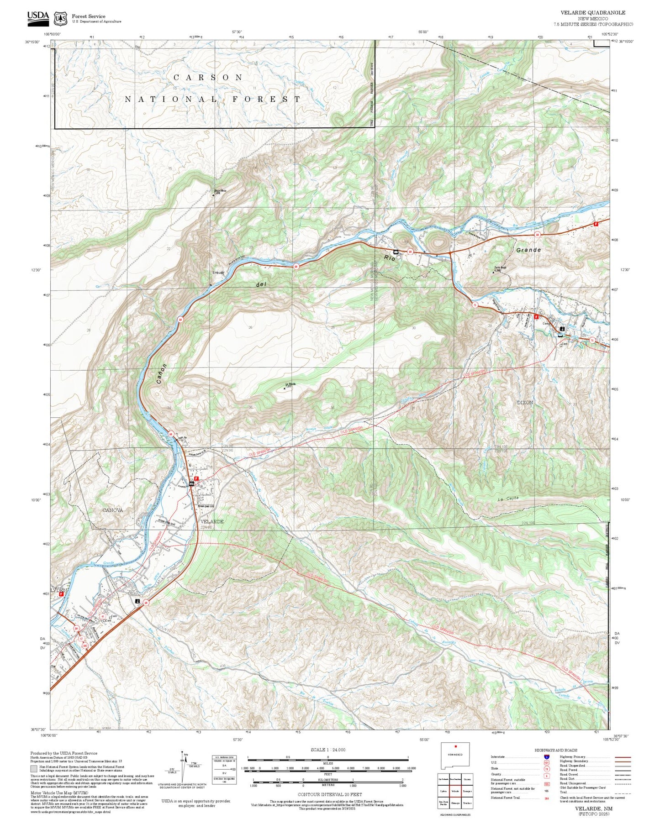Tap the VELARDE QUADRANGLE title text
pyautogui.click(x=593, y=12)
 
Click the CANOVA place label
pyautogui.click(x=112, y=510)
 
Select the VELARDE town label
pyautogui.click(x=212, y=521)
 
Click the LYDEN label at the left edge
pyautogui.click(x=58, y=590)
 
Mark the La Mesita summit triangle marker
pyautogui.click(x=285, y=388)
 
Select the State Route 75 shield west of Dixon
pyautogui.click(x=475, y=305)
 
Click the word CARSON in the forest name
pyautogui.click(x=208, y=78)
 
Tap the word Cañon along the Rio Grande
pyautogui.click(x=161, y=375)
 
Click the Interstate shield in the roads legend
pyautogui.click(x=546, y=756)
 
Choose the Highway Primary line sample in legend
pyautogui.click(x=623, y=757)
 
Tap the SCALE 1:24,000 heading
pyautogui.click(x=327, y=750)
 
